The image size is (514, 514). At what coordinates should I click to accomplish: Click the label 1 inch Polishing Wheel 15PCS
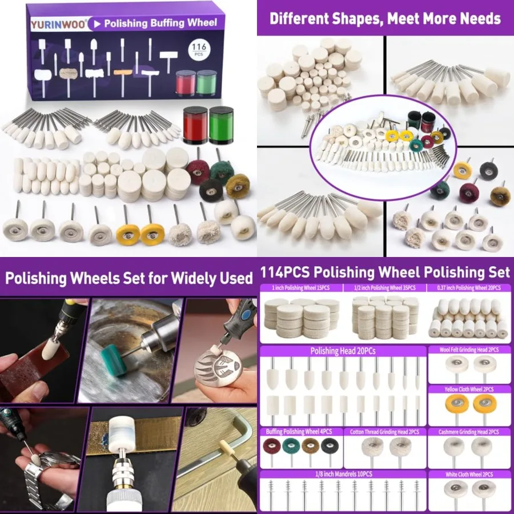(x=302, y=288)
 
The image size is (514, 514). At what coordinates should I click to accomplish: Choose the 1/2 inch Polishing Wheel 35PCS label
(x=385, y=288)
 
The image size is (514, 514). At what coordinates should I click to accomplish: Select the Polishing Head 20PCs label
(x=343, y=351)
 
